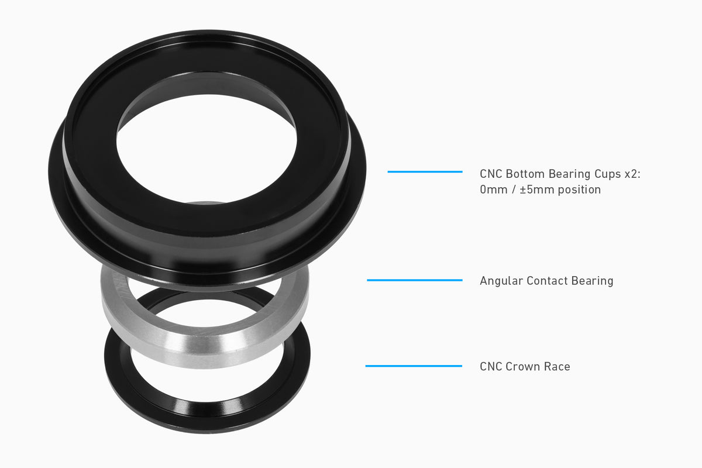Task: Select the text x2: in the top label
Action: [x=630, y=174]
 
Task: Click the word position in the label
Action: [x=579, y=190]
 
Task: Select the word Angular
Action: [x=501, y=281]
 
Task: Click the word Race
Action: [x=558, y=367]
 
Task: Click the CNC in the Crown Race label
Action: [x=491, y=367]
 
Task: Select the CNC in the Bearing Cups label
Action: [x=491, y=174]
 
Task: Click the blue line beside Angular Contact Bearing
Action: [x=414, y=280]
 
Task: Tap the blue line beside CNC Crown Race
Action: [x=414, y=366]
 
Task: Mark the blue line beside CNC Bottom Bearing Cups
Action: [x=425, y=171]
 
